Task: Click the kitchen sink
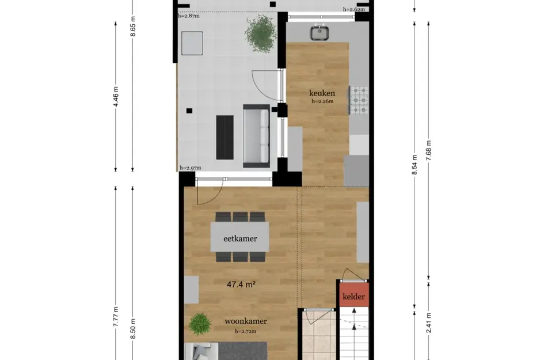coord(319,32)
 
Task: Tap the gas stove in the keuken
coord(359,100)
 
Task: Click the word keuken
coord(322,93)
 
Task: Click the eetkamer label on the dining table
coord(240,238)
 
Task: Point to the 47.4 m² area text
coord(241,285)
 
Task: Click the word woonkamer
coord(246,321)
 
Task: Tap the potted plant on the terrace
coord(261,34)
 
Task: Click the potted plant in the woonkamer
coord(200,324)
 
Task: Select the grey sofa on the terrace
coord(256,136)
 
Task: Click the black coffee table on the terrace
coord(225,138)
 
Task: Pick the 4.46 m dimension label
coord(116,97)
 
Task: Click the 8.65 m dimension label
coord(133,26)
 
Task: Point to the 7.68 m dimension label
coord(429,151)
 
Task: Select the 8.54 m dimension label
coord(414,164)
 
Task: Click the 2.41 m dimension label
coord(429,323)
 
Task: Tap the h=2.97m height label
coord(190,168)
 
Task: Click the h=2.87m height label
coord(189,16)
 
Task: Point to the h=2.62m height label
coord(354,9)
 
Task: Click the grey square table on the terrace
coord(192,43)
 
